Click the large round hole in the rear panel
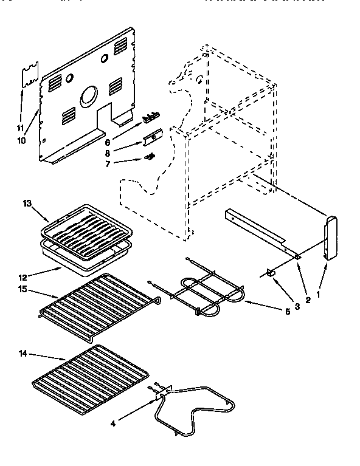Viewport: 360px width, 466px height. coord(89,95)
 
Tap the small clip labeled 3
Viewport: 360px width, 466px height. coord(271,273)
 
